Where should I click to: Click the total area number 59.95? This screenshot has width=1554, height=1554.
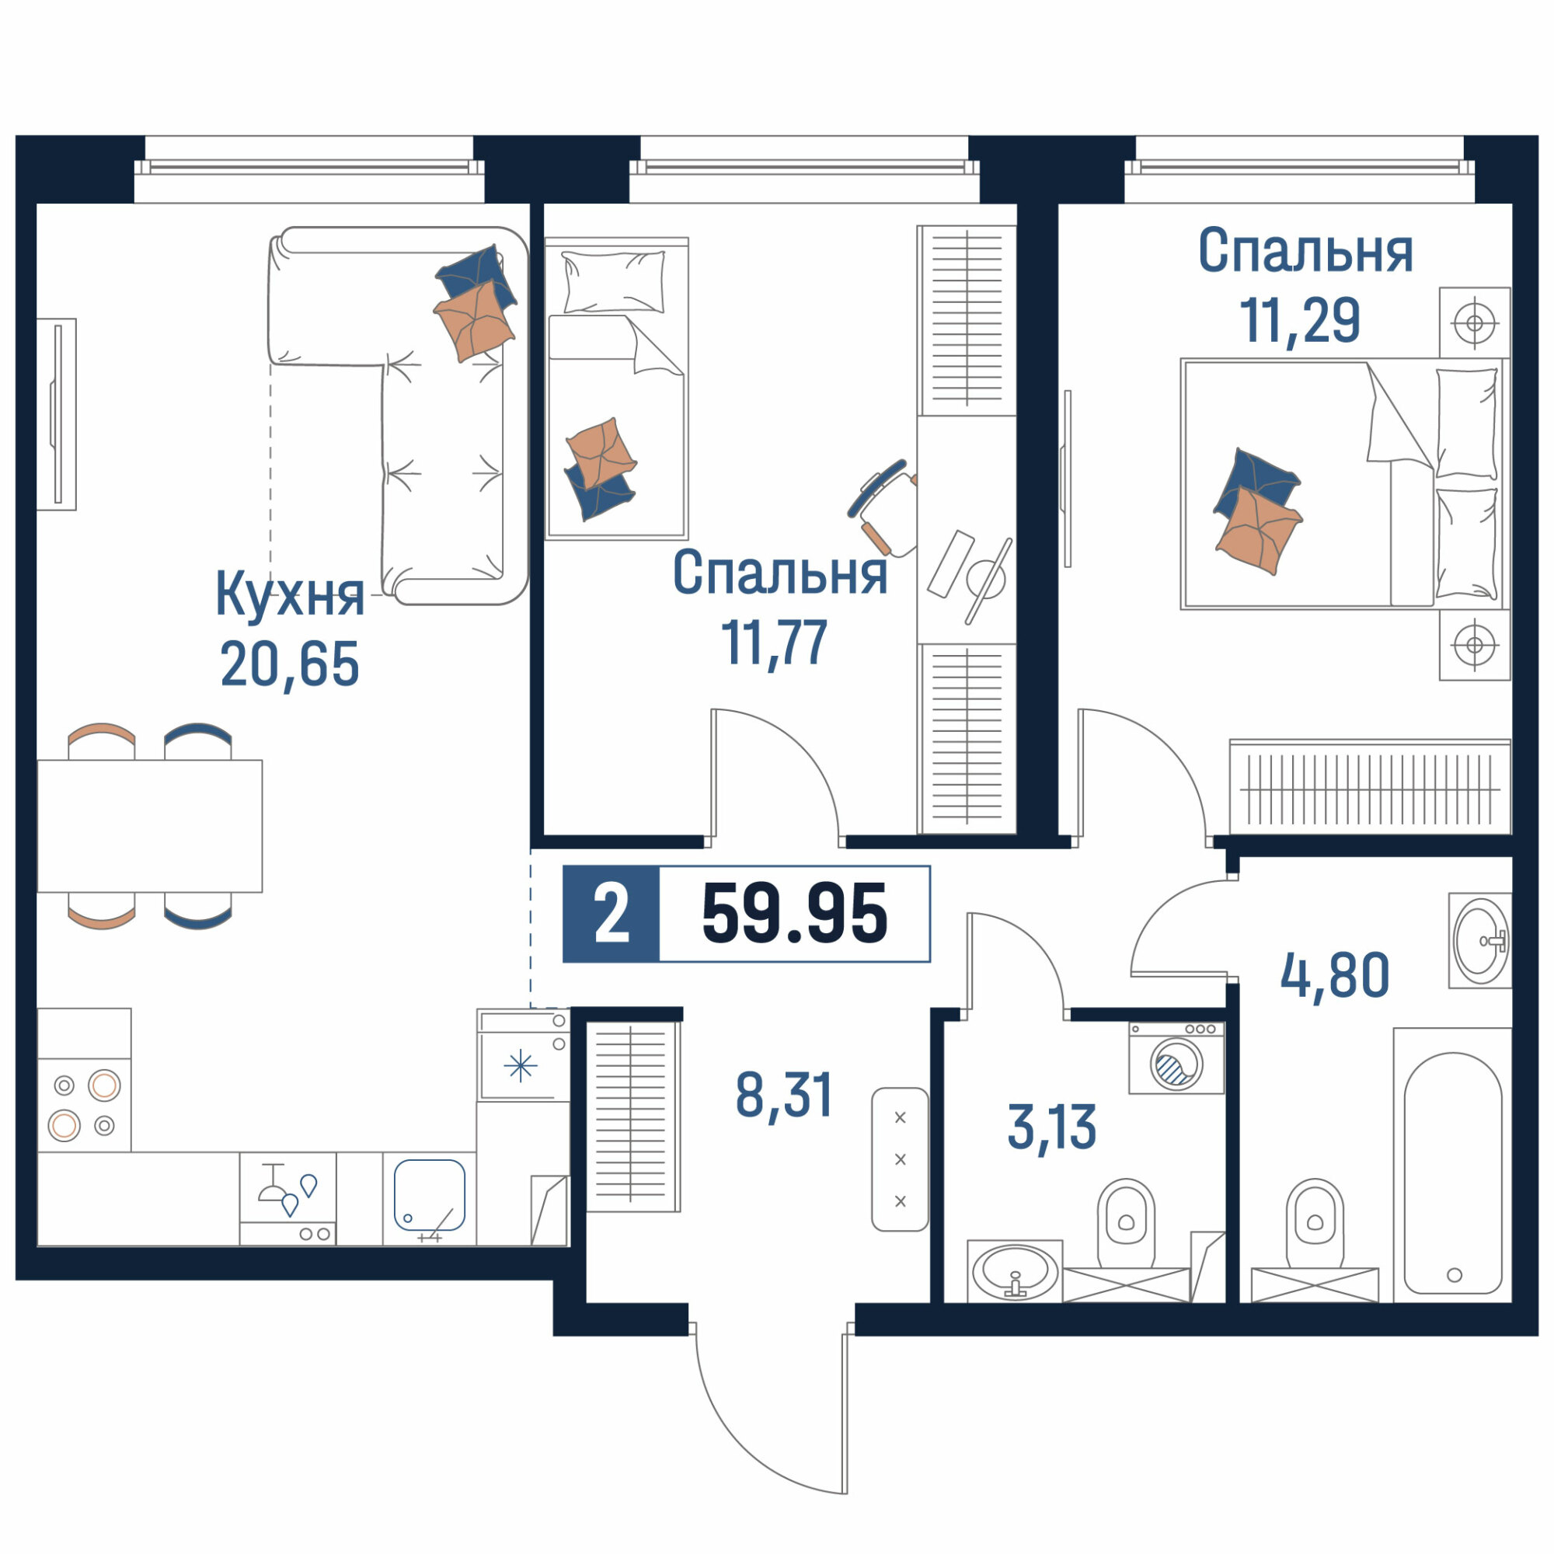(795, 913)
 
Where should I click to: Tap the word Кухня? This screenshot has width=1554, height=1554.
(290, 596)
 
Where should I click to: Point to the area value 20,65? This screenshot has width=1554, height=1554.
(290, 664)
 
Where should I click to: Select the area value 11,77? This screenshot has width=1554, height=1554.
(774, 643)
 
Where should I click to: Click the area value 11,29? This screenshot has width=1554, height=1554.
(1300, 320)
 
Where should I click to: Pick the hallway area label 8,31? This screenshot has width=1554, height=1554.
(784, 1095)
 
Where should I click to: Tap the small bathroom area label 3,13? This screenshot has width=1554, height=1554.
(1051, 1127)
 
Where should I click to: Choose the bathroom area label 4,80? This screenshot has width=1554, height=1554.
(1334, 975)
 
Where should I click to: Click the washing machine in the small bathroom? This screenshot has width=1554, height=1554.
(1176, 1057)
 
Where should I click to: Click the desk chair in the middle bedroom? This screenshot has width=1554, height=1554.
(884, 507)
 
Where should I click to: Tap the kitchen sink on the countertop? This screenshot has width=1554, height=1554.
(430, 1194)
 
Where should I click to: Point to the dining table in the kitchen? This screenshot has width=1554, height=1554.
(150, 826)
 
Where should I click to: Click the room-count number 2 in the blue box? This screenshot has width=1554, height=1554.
(611, 914)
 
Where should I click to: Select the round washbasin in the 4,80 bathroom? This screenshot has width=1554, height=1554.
(1480, 940)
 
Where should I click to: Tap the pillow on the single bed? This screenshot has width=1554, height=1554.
(614, 281)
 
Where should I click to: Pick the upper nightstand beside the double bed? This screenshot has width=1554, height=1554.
(1475, 322)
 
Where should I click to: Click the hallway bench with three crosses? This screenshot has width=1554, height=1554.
(900, 1159)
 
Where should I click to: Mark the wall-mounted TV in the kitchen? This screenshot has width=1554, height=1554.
(56, 413)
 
